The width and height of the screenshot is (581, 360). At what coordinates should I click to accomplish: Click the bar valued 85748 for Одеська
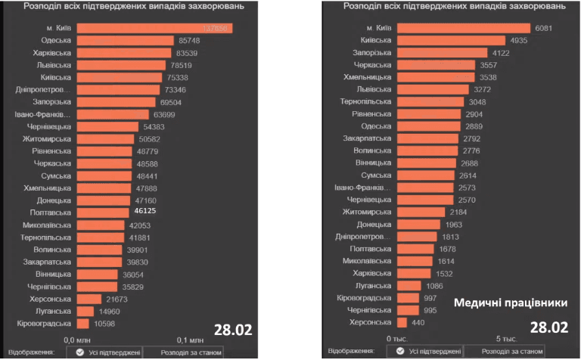pyautogui.click(x=126, y=40)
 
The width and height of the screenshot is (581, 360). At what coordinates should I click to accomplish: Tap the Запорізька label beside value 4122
pyautogui.click(x=371, y=53)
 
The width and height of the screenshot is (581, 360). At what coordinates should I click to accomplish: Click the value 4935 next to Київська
pyautogui.click(x=517, y=40)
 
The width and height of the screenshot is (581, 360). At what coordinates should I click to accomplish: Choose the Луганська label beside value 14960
pyautogui.click(x=54, y=311)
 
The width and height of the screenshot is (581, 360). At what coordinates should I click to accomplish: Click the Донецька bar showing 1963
pyautogui.click(x=418, y=225)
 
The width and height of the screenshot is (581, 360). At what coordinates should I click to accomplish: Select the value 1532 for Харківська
pyautogui.click(x=443, y=274)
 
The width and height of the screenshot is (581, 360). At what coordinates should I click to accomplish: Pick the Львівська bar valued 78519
pyautogui.click(x=120, y=65)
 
